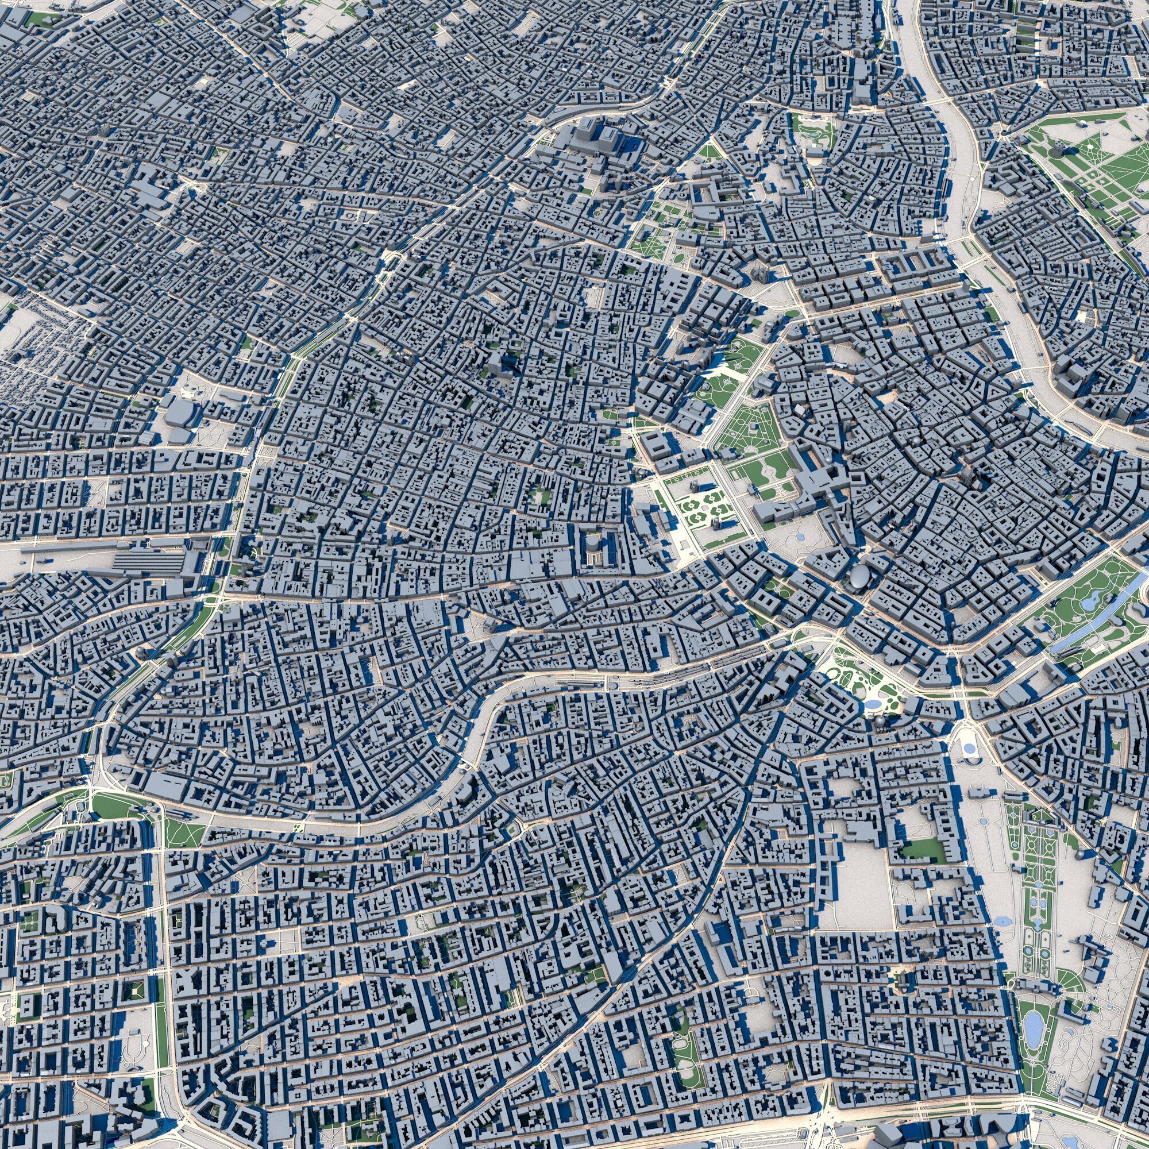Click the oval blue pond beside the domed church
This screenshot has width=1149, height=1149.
(x=873, y=704)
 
